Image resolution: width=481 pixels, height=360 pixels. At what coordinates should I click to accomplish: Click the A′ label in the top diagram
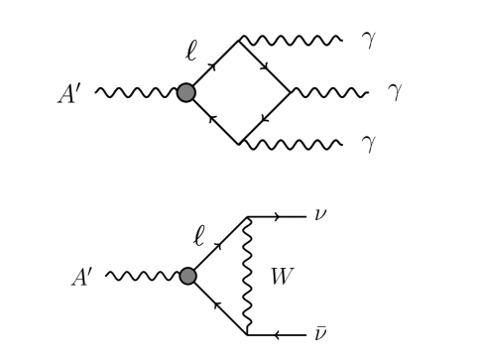pos(73,94)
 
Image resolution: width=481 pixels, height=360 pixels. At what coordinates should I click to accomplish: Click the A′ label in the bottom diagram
pos(82,276)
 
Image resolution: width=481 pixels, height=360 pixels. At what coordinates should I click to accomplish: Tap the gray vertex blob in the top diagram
pos(185,93)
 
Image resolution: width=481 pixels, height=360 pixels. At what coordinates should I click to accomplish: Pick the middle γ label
pos(394,93)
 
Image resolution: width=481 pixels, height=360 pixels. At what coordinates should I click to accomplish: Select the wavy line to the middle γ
pos(329,93)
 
